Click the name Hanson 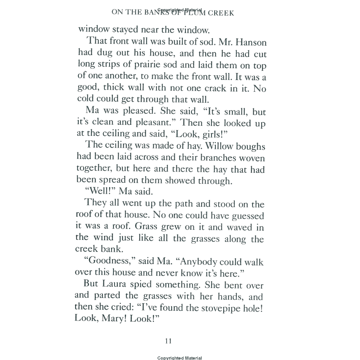tap(247, 41)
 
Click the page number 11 tap(168, 341)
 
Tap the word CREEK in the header tap(221, 13)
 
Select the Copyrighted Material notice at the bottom tap(180, 358)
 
